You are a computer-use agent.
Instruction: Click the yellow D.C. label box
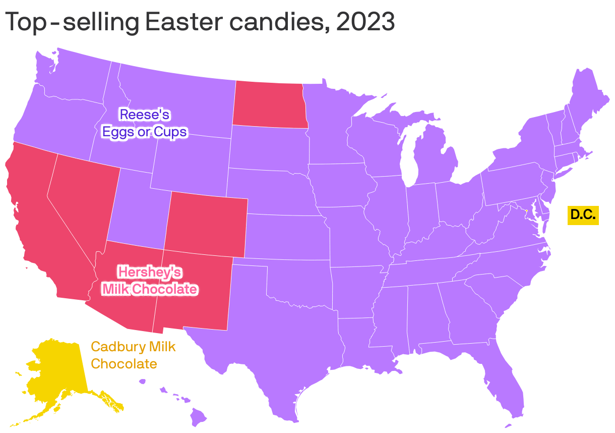(583, 215)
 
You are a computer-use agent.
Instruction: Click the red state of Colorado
(207, 225)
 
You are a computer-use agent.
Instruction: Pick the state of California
(35, 222)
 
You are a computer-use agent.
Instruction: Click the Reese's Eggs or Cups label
(144, 123)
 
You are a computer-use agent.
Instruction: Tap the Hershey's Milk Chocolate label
(149, 281)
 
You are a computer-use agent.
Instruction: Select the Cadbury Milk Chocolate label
(133, 355)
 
